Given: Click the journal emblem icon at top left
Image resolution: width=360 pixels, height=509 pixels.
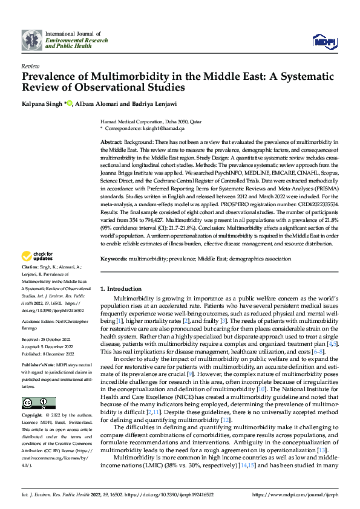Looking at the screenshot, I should tap(32, 39).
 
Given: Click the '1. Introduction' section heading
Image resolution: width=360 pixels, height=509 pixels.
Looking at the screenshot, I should tap(123, 289).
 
